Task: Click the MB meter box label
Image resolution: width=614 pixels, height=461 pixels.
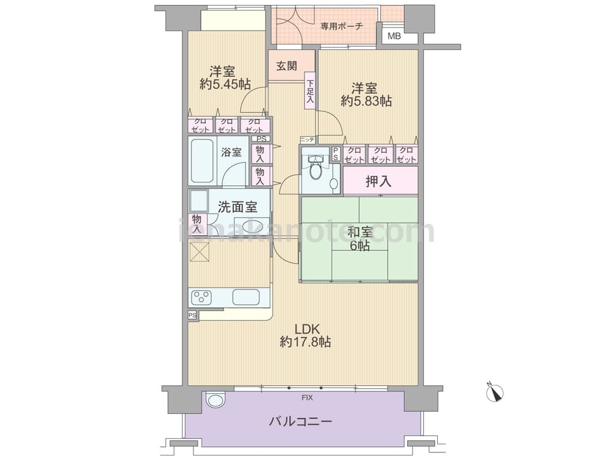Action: [394, 37]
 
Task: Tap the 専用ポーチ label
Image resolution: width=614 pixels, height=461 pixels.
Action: [342, 26]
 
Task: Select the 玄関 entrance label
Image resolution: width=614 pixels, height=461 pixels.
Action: [287, 66]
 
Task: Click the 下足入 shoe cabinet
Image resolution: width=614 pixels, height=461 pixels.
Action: [309, 92]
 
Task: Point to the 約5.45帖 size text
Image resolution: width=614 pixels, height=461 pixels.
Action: [225, 84]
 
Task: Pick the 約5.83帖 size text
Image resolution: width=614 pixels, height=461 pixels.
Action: [366, 101]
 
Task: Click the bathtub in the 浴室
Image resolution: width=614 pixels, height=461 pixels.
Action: [202, 160]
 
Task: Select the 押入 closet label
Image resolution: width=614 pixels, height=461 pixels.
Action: [379, 181]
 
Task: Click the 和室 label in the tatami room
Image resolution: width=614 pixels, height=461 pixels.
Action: [360, 232]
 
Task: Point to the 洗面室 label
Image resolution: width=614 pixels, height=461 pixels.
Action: [237, 207]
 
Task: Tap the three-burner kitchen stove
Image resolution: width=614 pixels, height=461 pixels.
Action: [201, 297]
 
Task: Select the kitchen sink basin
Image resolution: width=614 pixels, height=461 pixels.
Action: [246, 297]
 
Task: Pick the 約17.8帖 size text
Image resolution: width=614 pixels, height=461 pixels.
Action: [305, 342]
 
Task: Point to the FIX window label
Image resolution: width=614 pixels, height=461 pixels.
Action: [307, 398]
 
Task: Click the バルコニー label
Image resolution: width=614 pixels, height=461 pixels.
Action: [301, 422]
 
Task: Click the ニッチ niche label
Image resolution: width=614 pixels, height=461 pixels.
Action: [308, 139]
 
